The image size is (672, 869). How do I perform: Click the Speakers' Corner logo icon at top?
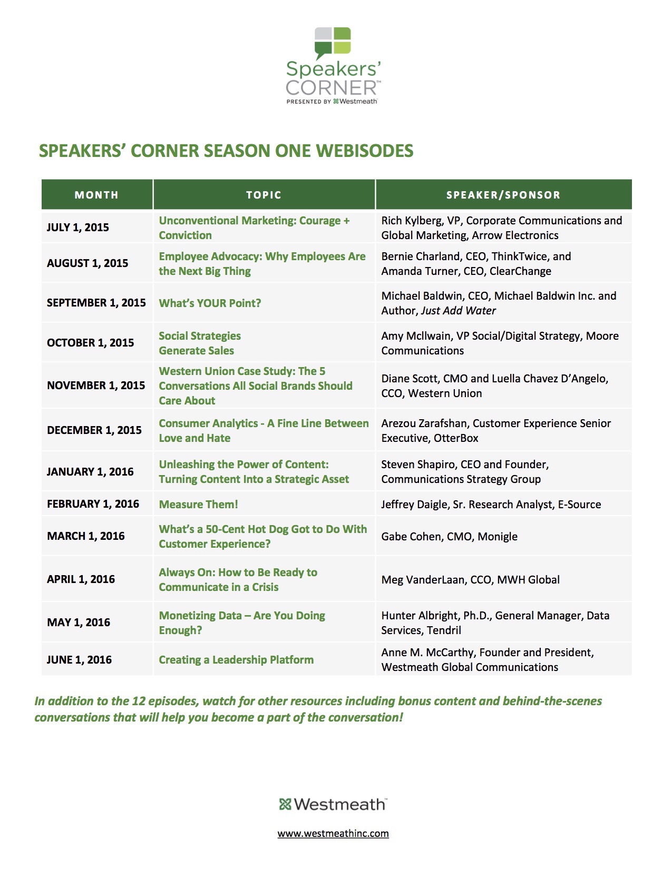tap(333, 43)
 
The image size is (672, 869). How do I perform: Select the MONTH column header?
tap(96, 195)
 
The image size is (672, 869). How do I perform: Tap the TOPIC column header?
tap(264, 195)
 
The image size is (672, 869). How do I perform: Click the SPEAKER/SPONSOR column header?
tap(503, 195)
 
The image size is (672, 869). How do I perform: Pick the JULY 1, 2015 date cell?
tap(78, 228)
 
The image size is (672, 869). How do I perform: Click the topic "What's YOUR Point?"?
tap(210, 303)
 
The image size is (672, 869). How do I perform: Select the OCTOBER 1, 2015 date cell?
tap(90, 343)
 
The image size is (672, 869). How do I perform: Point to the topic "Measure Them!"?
tap(198, 505)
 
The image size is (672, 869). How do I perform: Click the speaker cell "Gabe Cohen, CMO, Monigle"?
tap(449, 537)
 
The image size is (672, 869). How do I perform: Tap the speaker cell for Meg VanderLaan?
tap(470, 580)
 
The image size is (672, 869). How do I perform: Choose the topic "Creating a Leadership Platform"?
tap(236, 660)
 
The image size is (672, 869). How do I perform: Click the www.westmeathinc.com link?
tap(333, 834)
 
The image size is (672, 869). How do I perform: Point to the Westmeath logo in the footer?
tap(333, 804)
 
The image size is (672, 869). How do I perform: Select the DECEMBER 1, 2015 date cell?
tap(94, 430)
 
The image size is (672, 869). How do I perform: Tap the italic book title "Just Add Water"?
tap(458, 311)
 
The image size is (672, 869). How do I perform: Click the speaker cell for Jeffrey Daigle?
tap(491, 505)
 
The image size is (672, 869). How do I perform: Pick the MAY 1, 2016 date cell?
tap(79, 623)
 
